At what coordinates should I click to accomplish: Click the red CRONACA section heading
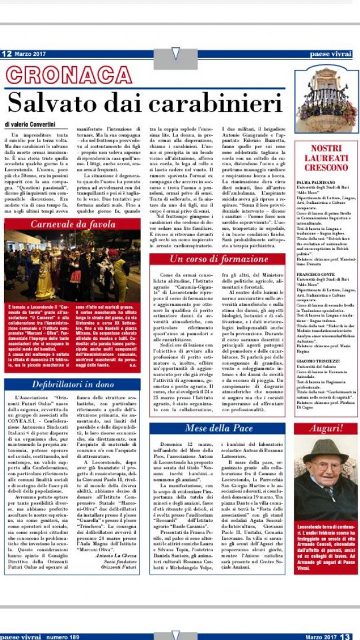(x=65, y=75)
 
